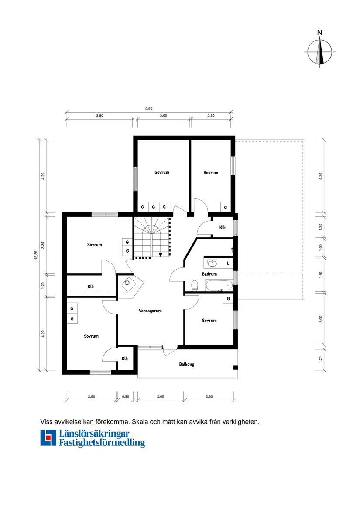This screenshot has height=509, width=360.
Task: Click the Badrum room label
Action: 209,274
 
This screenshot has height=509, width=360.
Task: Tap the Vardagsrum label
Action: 151,311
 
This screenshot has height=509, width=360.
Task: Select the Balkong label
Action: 187,364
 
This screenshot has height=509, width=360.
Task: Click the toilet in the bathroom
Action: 195,285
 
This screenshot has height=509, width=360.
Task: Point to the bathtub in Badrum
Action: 219,286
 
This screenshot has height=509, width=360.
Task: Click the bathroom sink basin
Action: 213,263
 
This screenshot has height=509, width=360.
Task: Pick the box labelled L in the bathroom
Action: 228,263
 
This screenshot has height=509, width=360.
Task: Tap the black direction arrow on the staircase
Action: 161,254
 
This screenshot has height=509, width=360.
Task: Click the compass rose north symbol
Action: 319,51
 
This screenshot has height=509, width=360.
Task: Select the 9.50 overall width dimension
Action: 149,109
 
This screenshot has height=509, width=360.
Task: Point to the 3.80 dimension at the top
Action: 99,116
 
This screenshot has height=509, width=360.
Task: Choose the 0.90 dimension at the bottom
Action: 126,396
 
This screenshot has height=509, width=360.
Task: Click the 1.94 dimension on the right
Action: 321,274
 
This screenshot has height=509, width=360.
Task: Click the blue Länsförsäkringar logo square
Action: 48,438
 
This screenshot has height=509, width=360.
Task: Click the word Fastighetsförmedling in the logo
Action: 102,443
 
